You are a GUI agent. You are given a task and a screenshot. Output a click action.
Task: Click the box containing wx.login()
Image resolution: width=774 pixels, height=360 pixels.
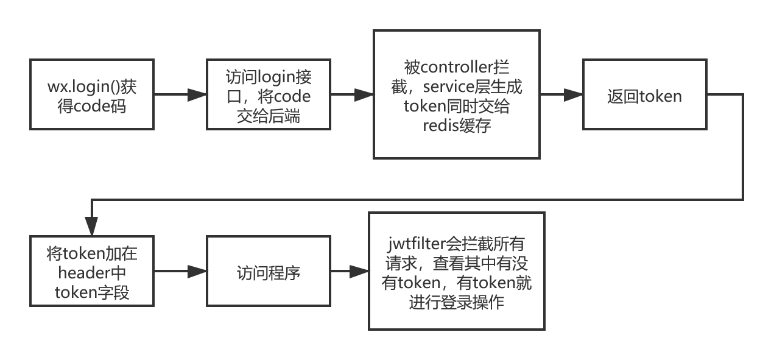pos(92,94)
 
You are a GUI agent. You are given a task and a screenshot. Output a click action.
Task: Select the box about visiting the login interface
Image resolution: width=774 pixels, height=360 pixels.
pos(268,94)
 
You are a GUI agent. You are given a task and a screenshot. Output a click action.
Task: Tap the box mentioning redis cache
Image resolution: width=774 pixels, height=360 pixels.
pos(457,94)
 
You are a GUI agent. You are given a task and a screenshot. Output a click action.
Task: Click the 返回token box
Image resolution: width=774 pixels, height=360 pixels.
pos(644,94)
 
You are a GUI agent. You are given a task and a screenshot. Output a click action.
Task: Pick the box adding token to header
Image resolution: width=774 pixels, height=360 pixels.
pos(92,271)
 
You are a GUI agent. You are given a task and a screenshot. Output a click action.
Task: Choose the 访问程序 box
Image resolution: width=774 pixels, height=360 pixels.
pos(268,271)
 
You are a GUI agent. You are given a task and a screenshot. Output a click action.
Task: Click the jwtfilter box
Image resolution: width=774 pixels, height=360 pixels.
pos(457,271)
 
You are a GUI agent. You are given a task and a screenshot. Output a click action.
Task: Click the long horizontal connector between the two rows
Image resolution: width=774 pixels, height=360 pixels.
pos(417,199)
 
